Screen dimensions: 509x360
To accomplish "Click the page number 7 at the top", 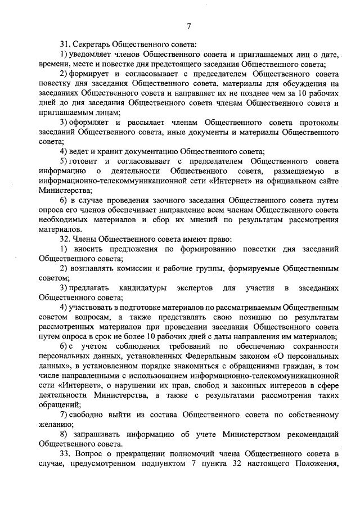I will (189, 26).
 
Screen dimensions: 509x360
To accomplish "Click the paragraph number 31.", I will (66, 43).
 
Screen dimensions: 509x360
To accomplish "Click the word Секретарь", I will (92, 43).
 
